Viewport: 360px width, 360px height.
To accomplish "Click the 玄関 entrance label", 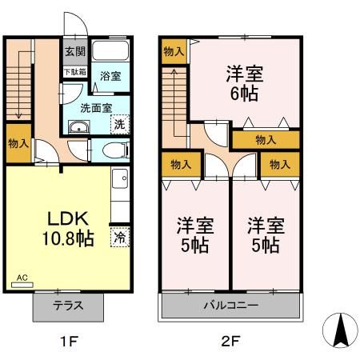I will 72,53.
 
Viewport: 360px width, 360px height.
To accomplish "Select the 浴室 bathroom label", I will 110,76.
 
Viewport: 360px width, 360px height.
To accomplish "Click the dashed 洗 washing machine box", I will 118,125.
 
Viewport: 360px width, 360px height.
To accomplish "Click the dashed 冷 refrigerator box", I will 119,237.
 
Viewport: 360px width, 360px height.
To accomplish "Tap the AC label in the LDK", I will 22,278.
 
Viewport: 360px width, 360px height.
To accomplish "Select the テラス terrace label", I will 69,306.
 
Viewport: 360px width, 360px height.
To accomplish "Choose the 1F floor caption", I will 69,342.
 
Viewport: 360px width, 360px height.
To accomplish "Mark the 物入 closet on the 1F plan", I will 19,145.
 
